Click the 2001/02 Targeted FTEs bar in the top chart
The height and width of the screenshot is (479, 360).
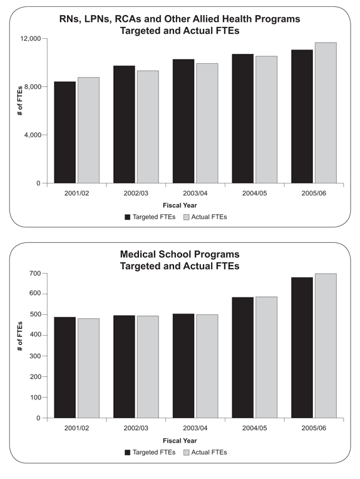click(64, 132)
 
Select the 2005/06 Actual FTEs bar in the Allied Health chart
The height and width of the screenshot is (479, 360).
click(326, 113)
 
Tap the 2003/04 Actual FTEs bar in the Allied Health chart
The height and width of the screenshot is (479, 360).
click(207, 123)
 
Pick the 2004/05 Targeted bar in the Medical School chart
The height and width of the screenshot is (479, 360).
click(243, 358)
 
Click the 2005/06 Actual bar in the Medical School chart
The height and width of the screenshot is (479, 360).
click(326, 346)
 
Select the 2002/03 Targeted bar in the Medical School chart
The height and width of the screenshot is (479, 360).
click(124, 366)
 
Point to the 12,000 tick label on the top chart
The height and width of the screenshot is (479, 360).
click(31, 39)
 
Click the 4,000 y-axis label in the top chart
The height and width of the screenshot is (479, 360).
click(33, 135)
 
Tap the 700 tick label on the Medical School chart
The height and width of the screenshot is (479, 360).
click(36, 274)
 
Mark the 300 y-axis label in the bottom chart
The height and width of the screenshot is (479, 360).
click(36, 356)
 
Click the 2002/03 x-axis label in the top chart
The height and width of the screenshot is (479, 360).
click(136, 193)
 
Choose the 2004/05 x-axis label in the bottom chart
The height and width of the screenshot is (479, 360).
click(254, 428)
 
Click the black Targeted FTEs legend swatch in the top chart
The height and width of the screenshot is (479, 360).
click(128, 217)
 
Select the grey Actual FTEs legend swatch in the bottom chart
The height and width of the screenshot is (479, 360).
click(186, 453)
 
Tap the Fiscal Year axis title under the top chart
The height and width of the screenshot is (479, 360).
click(180, 205)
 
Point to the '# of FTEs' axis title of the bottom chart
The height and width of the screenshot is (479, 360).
click(20, 336)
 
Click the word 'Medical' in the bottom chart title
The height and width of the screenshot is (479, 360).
click(136, 254)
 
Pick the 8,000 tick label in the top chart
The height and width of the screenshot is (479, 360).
click(33, 87)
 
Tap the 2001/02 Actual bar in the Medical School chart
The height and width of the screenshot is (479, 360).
click(88, 368)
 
